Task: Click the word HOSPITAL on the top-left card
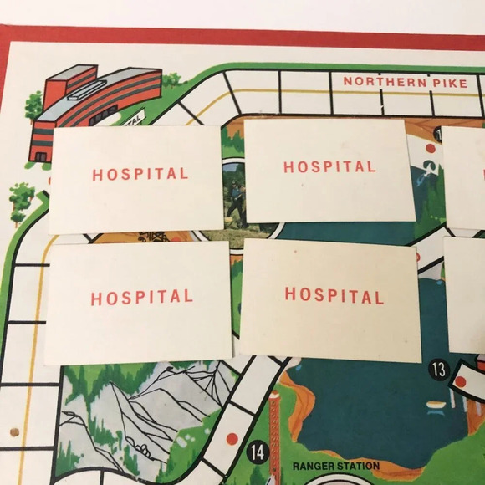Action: point(140,174)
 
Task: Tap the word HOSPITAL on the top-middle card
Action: point(329,166)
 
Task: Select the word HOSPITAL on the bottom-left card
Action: point(141,297)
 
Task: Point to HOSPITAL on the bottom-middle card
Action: point(334,294)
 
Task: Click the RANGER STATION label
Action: point(335,466)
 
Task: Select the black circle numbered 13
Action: point(439,369)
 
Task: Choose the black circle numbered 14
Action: point(258,452)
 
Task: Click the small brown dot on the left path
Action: point(14,432)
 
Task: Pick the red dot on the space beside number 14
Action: point(232,437)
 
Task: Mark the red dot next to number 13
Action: point(459,382)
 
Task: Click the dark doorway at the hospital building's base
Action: point(39,156)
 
